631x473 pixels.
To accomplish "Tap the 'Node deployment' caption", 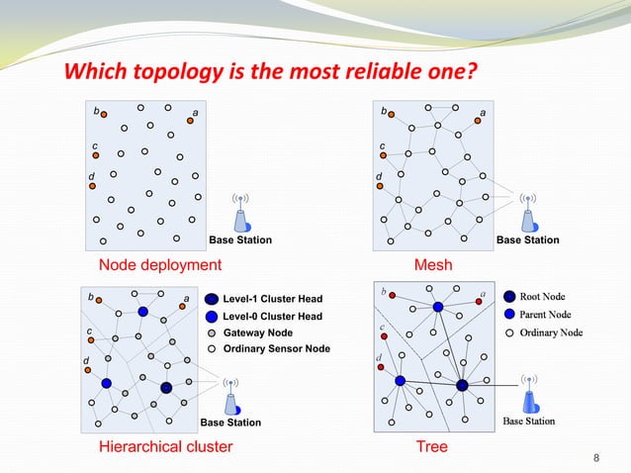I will [160, 265].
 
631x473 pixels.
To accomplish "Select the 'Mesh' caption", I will [432, 265].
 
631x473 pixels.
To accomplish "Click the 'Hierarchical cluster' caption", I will [166, 447].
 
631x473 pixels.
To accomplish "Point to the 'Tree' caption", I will [432, 447].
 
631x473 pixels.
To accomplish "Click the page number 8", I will [595, 456].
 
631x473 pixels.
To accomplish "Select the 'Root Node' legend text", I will [543, 296].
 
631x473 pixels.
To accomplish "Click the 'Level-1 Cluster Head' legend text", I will [273, 298].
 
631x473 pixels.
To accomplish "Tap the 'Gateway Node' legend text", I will [258, 332].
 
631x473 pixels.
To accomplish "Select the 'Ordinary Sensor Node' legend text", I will [277, 349].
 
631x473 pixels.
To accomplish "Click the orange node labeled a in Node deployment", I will [189, 122].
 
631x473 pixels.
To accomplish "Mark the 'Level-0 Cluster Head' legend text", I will [273, 316].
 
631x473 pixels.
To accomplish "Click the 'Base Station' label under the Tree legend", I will [529, 422].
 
